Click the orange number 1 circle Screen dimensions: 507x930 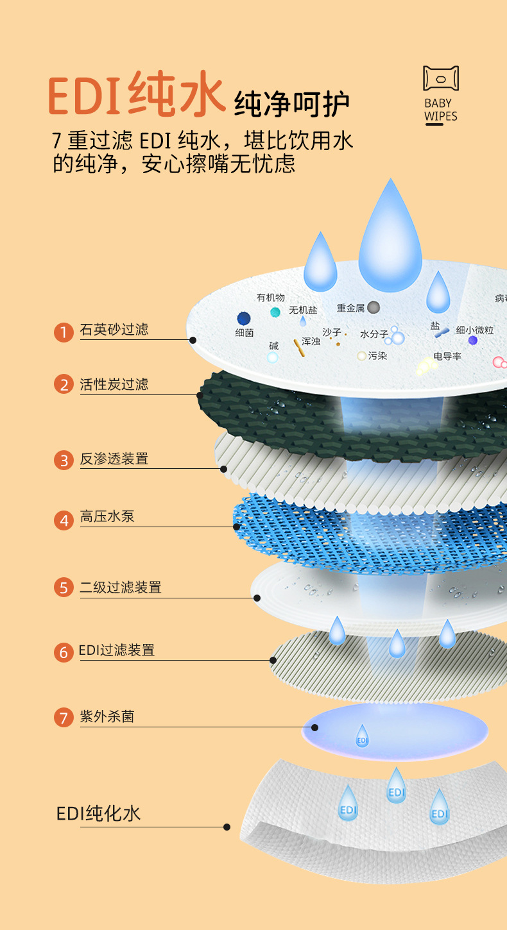[64, 332]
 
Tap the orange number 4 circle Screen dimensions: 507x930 [64, 520]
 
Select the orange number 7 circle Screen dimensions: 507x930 [63, 717]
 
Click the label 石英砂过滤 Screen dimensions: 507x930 [114, 330]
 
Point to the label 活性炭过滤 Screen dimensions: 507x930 [114, 385]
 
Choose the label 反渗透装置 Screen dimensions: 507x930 [114, 459]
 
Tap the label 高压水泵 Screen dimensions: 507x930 [107, 517]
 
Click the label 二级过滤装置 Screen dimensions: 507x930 [121, 587]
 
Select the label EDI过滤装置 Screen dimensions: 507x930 [117, 650]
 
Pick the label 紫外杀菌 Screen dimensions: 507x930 [107, 716]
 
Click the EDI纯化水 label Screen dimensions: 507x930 [98, 814]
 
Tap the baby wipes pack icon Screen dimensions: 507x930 [440, 78]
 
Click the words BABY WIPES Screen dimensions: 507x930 [440, 110]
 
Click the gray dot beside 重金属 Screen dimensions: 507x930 [374, 308]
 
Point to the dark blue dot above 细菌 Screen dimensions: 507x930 [244, 318]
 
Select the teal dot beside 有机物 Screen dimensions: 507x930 [275, 312]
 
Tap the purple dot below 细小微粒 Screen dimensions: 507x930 [473, 341]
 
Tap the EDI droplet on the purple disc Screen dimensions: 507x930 [363, 736]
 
